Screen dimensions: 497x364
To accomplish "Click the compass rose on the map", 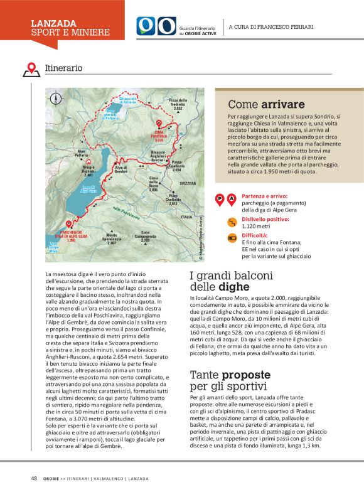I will coord(56,98).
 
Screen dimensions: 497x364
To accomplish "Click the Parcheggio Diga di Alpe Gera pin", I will coord(68,223).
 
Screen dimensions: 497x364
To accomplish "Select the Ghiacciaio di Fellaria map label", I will coord(128,100).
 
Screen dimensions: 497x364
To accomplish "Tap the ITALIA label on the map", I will coord(186,216).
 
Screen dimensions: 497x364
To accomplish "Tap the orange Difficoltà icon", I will coord(231,238).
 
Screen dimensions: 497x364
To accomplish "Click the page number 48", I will coord(34,478).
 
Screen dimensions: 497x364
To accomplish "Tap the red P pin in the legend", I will coord(220,200).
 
